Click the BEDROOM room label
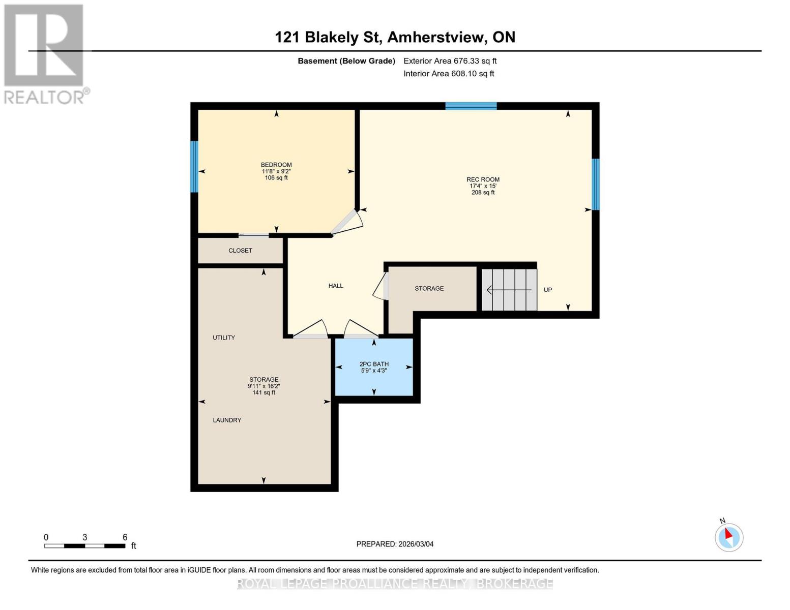coord(276,165)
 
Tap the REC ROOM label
coord(483,179)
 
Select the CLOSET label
coord(240,251)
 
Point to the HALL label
coord(336,286)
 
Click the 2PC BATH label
coord(374,364)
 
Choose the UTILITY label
coord(224,338)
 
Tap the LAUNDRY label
coord(227,420)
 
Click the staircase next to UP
coord(509,290)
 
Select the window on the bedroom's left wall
coord(194,167)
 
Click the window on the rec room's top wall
coord(471,106)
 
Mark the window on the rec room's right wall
coord(596,184)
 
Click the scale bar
coord(84,546)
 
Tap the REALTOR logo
coord(45,53)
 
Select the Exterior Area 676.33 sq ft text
coord(450,61)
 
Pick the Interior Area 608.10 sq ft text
coord(449,74)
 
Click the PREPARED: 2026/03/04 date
coord(395,544)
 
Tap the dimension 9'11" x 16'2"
coord(264,386)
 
